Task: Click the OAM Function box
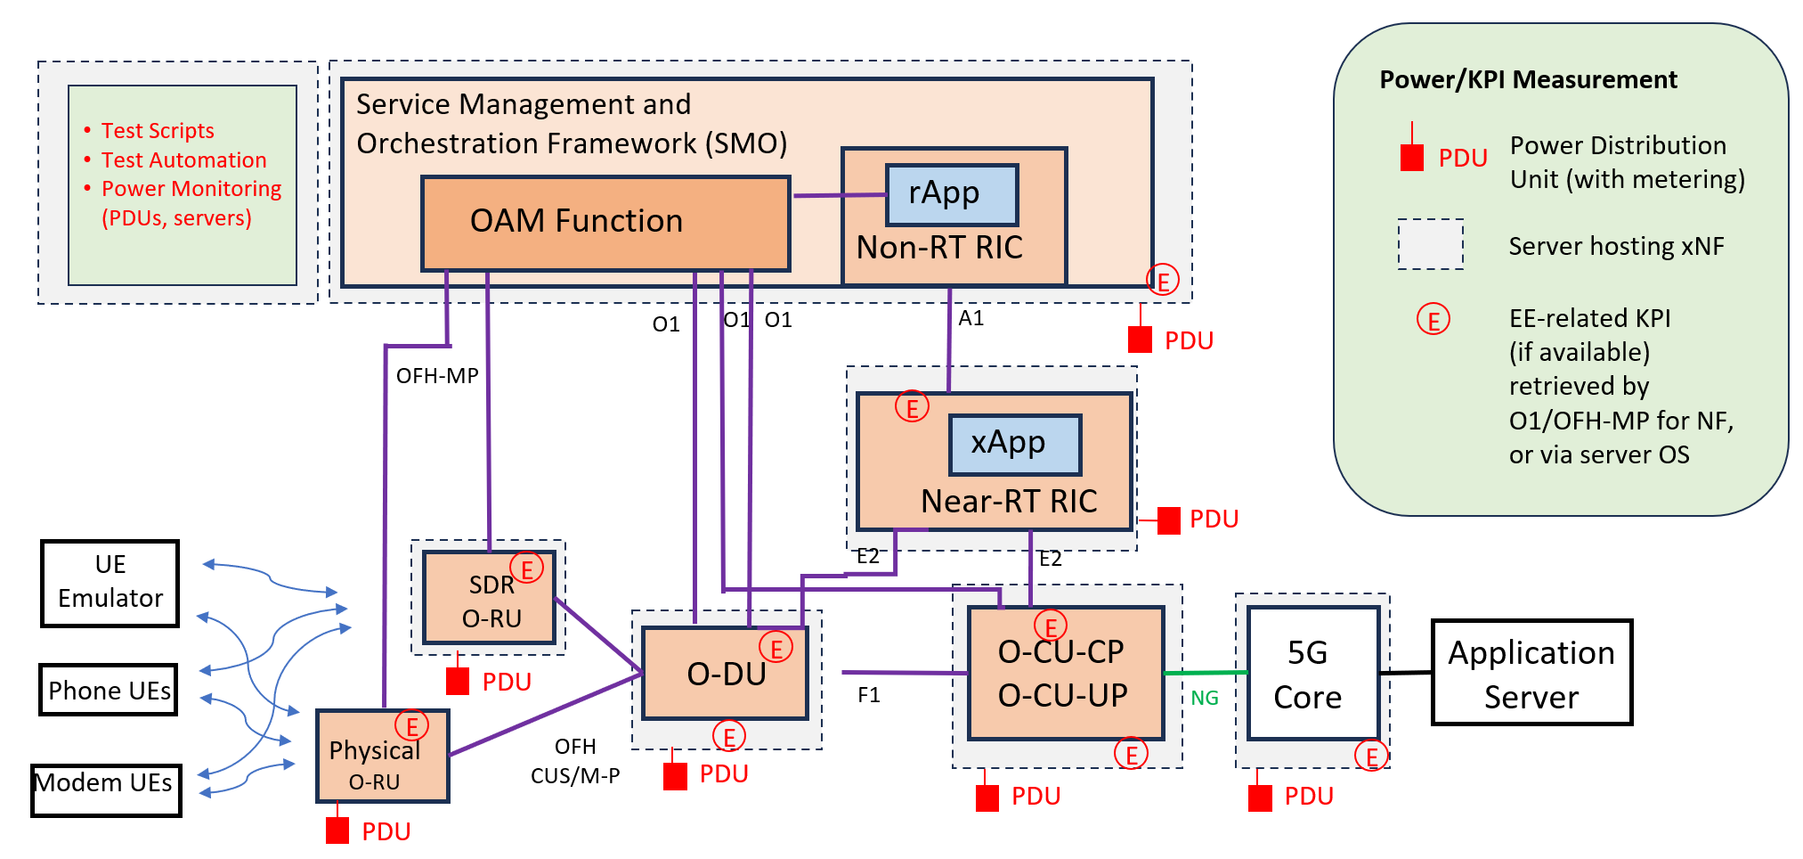pos(605,223)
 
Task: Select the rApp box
pos(952,194)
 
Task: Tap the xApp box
pos(1015,444)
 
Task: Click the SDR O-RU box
pos(489,598)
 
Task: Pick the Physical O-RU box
pos(382,757)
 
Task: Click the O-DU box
pos(725,674)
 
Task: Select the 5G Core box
pos(1312,674)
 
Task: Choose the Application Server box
pos(1531,673)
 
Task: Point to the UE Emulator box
pos(110,583)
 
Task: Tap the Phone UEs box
pos(109,690)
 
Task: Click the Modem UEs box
pos(106,789)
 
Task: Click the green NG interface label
pos(1205,699)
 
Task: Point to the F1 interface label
pos(869,695)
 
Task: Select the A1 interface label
pos(971,318)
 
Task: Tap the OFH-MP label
pos(437,376)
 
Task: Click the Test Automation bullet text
pos(184,160)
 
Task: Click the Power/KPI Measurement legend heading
pos(1528,80)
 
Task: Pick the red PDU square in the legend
pos(1411,159)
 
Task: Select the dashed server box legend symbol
pos(1430,244)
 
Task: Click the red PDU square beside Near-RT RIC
pos(1168,520)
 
